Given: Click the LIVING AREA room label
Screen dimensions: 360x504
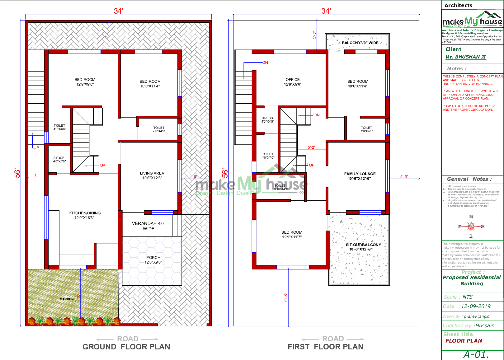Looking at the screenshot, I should (x=152, y=175).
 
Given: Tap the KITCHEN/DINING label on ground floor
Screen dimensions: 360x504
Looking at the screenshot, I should (x=85, y=215).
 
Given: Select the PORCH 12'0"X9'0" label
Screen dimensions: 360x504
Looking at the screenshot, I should (x=153, y=260).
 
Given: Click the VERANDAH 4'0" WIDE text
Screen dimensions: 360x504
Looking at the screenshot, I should (x=148, y=226).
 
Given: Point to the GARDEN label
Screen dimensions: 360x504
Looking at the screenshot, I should (x=67, y=299).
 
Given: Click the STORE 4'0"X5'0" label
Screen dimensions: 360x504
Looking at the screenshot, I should (x=59, y=160).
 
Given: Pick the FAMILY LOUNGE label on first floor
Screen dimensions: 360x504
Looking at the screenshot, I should (x=360, y=176).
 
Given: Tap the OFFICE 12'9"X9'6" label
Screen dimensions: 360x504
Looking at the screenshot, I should (x=293, y=82).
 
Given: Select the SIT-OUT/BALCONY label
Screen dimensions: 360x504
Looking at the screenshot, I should (x=363, y=247).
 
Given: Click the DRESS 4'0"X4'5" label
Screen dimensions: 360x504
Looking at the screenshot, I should (x=267, y=120).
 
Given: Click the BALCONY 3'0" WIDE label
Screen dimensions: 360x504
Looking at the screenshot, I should (x=360, y=43).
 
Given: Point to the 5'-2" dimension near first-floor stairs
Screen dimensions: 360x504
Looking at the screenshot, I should (x=311, y=147).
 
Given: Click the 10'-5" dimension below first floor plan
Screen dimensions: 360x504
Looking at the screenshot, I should (x=286, y=297).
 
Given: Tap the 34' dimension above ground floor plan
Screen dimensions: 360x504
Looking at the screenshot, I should (x=118, y=11).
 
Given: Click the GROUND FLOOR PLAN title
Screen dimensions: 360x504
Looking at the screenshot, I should (x=126, y=347).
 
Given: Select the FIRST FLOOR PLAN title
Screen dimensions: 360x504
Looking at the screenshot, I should (x=325, y=347).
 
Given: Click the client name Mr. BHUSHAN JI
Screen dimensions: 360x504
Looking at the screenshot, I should (x=465, y=57).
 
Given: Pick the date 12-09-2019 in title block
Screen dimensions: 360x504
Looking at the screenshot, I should (x=475, y=306).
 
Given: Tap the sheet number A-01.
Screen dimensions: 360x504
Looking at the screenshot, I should (x=476, y=355).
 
